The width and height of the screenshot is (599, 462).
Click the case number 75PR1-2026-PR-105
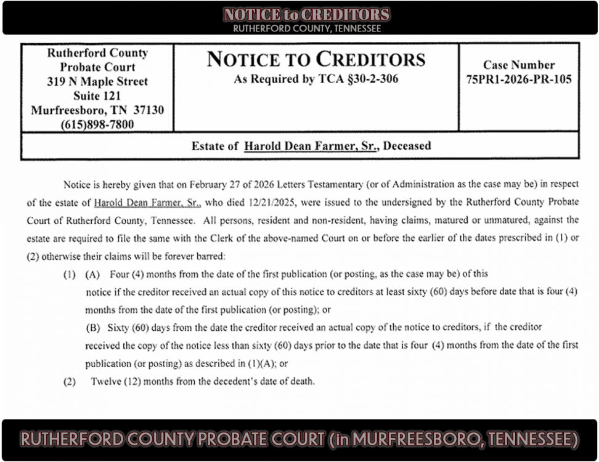[x=518, y=79]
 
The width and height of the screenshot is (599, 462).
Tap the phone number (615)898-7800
[x=97, y=124]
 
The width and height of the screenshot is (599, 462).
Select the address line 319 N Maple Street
[x=97, y=81]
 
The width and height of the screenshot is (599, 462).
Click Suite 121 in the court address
[x=97, y=95]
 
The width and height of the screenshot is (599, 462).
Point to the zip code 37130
[x=149, y=110]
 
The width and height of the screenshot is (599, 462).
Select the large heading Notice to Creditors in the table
[x=316, y=59]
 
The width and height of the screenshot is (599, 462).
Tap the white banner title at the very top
[x=306, y=15]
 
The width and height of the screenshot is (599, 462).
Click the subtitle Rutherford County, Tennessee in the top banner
[x=306, y=28]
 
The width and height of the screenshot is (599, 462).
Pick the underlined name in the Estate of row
[x=311, y=147]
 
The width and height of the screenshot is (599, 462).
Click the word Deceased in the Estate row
[x=406, y=147]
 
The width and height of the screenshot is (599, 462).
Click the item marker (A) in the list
[x=92, y=274]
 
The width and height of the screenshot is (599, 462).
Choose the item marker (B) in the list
[x=92, y=327]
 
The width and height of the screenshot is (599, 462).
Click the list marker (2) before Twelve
[x=70, y=381]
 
